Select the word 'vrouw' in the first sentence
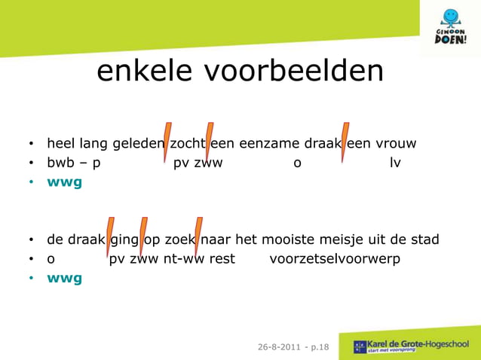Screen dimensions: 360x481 (395, 143)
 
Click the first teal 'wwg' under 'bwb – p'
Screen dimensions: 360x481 (64, 182)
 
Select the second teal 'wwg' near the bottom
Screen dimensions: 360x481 (64, 278)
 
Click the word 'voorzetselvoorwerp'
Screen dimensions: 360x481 (335, 259)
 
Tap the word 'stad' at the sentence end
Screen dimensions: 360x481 (423, 240)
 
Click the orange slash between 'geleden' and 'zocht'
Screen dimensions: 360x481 (167, 141)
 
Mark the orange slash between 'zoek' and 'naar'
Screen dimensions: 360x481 (198, 236)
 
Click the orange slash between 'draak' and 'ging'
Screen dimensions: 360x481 (109, 236)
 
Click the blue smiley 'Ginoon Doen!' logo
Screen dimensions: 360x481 (450, 27)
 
